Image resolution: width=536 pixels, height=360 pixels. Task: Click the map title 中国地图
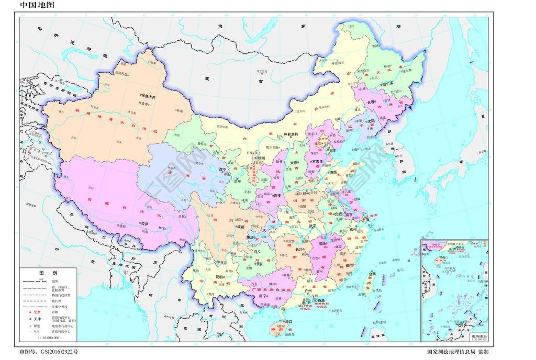(37, 5)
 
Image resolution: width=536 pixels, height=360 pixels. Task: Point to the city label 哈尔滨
(387, 83)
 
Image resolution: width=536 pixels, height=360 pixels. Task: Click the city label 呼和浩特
(288, 134)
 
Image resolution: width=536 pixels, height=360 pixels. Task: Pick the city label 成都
(240, 227)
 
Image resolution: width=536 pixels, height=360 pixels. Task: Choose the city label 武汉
(315, 226)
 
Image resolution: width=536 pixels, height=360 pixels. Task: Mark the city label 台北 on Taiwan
(372, 273)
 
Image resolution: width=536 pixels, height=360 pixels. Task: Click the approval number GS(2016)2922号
(48, 352)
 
